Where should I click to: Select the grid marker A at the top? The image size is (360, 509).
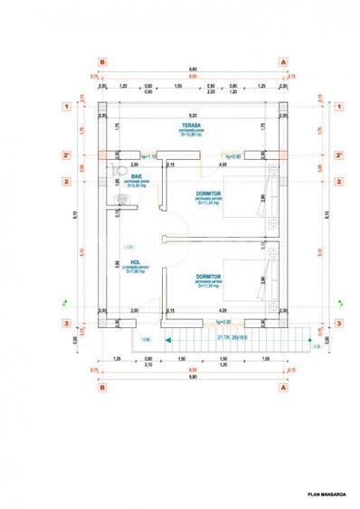(x=284, y=63)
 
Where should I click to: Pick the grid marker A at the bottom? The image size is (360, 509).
(x=284, y=387)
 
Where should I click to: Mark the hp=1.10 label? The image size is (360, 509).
(x=149, y=156)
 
